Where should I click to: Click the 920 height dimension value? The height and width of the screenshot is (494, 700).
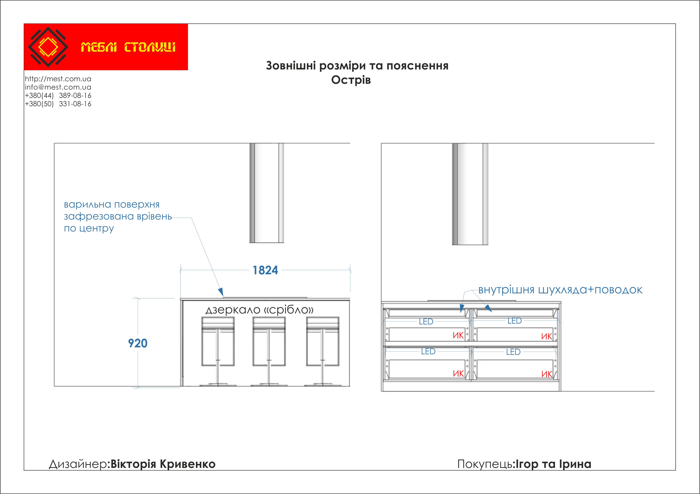point(138,343)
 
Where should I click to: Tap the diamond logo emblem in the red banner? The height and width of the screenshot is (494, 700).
point(48,47)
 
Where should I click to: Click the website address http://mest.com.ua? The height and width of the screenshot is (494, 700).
point(58,79)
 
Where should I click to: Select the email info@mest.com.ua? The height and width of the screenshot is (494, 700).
point(58,87)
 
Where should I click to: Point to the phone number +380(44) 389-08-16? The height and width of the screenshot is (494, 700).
point(58,96)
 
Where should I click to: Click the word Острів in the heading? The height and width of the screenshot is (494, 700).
point(351,80)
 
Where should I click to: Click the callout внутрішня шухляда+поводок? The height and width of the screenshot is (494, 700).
point(560,290)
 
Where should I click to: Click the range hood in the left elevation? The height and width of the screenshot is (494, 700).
point(267,193)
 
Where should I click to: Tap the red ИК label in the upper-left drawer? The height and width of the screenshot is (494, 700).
point(458,336)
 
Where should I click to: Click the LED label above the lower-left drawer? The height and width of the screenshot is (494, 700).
point(428,351)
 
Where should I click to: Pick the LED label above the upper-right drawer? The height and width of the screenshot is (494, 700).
point(514,321)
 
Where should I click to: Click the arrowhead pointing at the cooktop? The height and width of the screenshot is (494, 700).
point(221,292)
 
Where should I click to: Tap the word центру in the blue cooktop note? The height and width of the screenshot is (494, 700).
point(96,228)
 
